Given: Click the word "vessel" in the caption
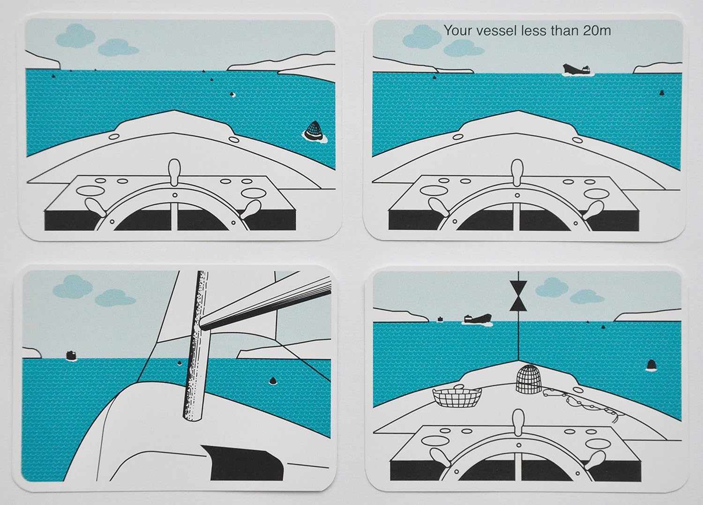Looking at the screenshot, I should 495,31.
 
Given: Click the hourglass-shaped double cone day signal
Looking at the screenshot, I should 518,296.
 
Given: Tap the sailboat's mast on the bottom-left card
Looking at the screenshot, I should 195,347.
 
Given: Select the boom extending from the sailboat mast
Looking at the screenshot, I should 265,302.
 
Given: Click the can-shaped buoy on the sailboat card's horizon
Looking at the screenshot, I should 71,355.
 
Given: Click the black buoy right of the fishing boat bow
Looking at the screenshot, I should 651,365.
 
